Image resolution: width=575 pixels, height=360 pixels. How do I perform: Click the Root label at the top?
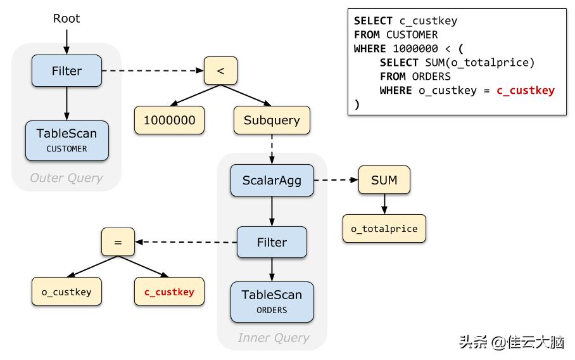[66, 18]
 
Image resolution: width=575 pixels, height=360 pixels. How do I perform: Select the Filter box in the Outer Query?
[66, 70]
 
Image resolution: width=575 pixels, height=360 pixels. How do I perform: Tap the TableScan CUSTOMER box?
[66, 140]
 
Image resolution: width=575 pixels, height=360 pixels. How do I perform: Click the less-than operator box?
[220, 70]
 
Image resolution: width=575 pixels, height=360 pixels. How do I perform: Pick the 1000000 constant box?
[169, 120]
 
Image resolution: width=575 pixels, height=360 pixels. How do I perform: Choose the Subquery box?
[272, 120]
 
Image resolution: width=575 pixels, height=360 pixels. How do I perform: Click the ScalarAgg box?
[272, 180]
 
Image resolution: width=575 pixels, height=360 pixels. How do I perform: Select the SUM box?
[384, 180]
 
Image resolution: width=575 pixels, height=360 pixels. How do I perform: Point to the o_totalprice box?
[384, 229]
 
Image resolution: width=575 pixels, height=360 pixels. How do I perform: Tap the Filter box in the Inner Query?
[272, 242]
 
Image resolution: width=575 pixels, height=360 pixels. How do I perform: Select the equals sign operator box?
[118, 242]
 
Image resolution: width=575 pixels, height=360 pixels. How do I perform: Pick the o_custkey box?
[66, 292]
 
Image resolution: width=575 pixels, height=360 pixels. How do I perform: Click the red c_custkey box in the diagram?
[169, 292]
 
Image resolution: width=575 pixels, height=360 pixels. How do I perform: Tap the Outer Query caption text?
[66, 178]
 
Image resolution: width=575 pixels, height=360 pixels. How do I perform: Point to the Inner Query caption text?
[273, 338]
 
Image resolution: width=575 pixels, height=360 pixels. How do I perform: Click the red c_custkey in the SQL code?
[525, 90]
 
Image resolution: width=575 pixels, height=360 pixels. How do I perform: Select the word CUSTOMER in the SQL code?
[412, 35]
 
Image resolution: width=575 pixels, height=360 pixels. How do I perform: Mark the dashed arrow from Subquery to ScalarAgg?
[272, 150]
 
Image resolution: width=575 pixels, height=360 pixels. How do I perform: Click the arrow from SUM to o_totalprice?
[384, 204]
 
